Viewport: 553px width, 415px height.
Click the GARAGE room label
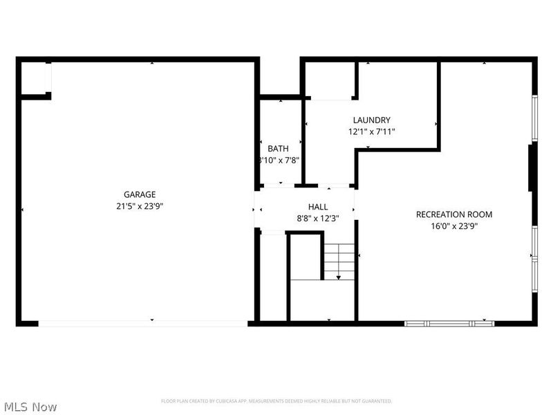coord(140,194)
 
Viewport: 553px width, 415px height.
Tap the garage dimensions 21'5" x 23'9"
coord(140,205)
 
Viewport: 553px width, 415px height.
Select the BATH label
coord(278,148)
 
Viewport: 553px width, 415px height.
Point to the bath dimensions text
coord(278,160)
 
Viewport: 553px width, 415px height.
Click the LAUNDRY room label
coord(371,120)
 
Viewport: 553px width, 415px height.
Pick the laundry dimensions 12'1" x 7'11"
coord(371,131)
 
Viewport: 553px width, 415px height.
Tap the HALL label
coord(318,207)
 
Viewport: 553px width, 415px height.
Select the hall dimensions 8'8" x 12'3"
coord(318,218)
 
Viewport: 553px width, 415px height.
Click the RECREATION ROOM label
coord(453,214)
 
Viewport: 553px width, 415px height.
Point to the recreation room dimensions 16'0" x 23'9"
coord(453,225)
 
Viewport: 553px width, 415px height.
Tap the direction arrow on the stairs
coord(339,277)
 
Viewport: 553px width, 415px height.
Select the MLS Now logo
coord(30,407)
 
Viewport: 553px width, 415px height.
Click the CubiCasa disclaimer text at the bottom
coord(276,401)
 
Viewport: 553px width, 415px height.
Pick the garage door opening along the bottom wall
coord(143,323)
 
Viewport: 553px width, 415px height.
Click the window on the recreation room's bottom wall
coord(449,323)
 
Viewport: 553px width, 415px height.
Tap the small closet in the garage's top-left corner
coord(35,78)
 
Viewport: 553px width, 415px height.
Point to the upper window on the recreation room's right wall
coord(534,118)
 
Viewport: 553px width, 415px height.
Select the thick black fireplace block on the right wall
coord(532,167)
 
